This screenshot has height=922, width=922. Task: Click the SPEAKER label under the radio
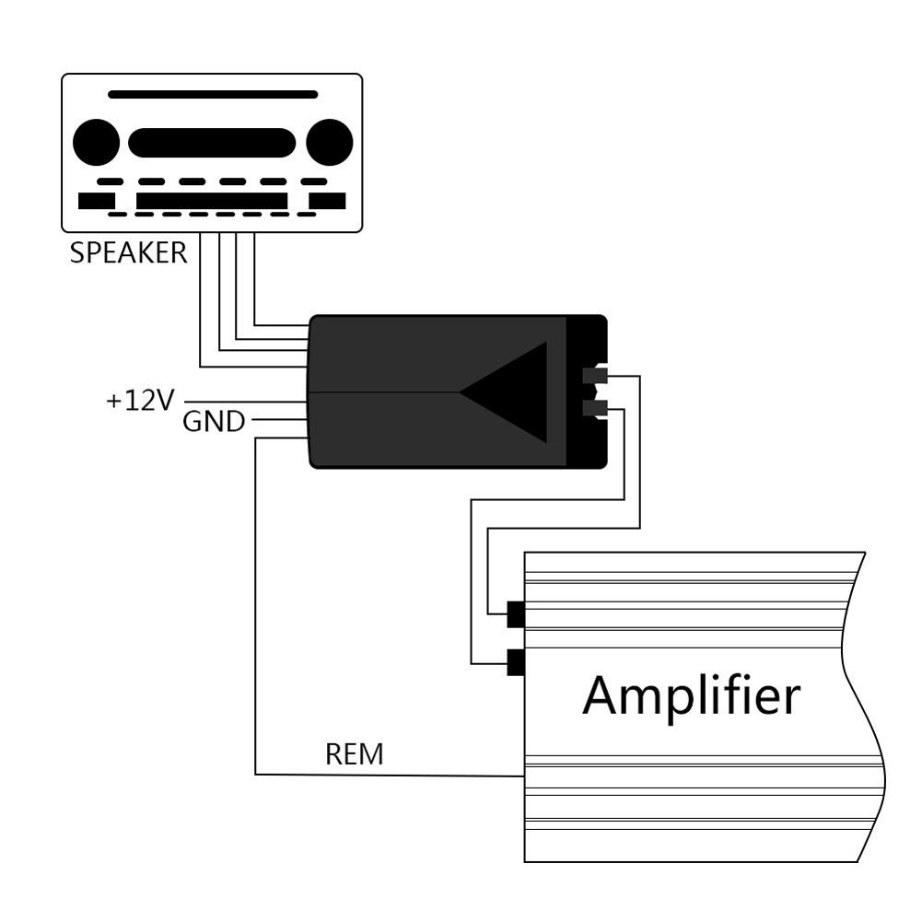128,252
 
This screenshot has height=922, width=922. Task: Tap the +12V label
140,401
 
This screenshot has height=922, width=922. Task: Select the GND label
214,422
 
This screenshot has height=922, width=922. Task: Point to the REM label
354,754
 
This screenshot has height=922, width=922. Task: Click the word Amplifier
691,695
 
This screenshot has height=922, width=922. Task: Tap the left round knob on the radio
96,143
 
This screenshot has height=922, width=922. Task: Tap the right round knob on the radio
329,143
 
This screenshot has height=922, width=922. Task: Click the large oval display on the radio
212,143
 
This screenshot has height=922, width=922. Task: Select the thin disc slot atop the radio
213,94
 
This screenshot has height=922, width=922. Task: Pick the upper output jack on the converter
595,375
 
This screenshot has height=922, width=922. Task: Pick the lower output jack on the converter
595,409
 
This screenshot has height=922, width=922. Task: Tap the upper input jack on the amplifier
516,613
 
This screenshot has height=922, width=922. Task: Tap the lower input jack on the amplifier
516,662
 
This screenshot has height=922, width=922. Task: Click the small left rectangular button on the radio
97,201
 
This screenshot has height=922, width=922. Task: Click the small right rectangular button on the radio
327,201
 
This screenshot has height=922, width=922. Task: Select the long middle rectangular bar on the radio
212,201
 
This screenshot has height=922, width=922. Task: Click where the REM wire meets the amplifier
523,776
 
